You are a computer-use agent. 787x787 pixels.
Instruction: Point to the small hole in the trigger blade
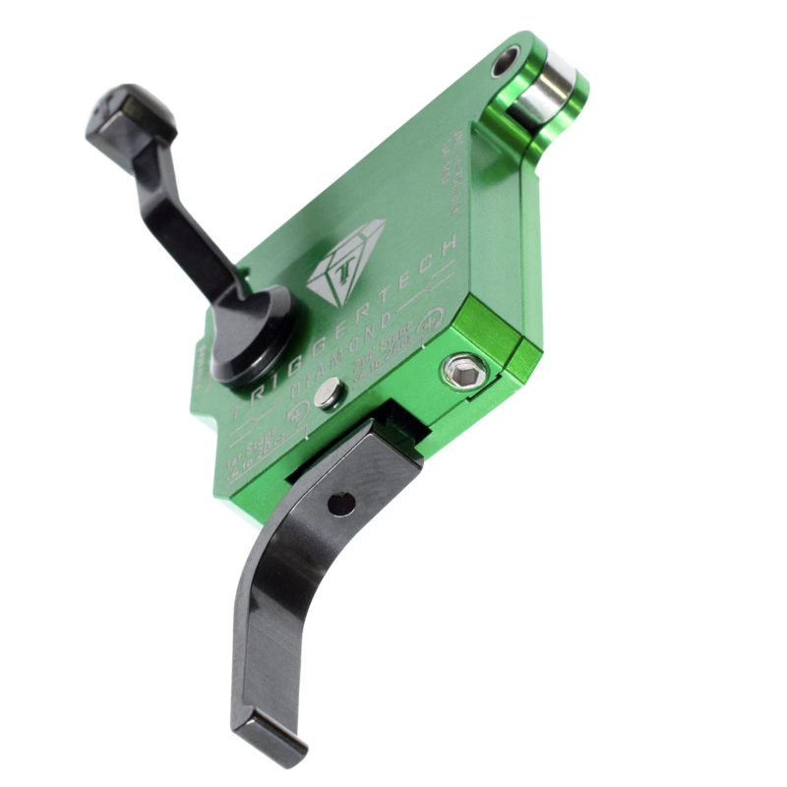tap(340, 504)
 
